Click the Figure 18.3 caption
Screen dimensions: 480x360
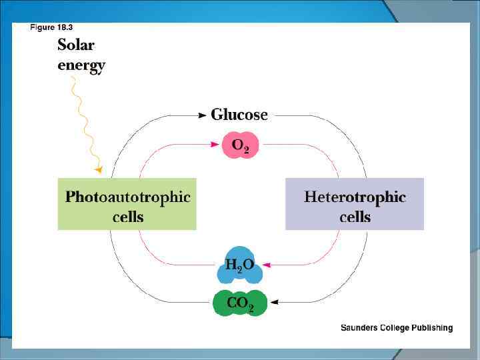tap(51, 27)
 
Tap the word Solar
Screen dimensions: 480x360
tap(76, 45)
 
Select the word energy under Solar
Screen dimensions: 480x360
tap(81, 66)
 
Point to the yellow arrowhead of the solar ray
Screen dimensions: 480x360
tap(99, 170)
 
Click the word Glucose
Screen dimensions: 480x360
tap(239, 115)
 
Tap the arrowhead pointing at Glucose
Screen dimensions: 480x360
tap(202, 115)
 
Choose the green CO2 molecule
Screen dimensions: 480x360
tap(240, 303)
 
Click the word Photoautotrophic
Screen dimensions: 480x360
tap(127, 197)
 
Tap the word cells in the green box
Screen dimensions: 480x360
tap(127, 217)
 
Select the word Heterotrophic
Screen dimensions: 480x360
tap(355, 197)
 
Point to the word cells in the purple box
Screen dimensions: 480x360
tap(355, 217)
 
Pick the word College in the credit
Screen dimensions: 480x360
tap(395, 328)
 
